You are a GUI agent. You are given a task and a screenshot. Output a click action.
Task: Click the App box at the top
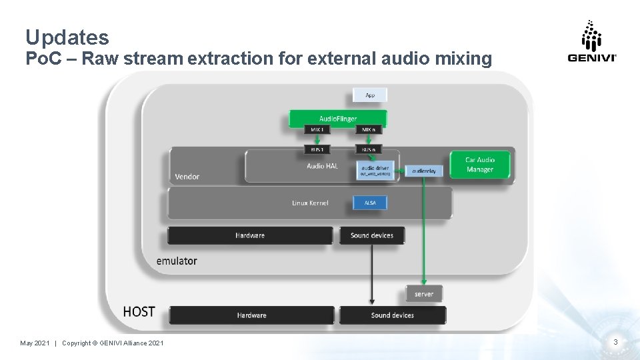tap(370, 95)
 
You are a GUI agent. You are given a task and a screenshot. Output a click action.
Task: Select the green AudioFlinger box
tap(337, 119)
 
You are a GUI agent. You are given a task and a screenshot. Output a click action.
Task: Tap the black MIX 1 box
tap(317, 129)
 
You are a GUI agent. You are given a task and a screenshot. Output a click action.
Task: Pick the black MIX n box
tap(369, 129)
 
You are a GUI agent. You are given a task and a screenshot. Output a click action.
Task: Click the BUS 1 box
tap(317, 149)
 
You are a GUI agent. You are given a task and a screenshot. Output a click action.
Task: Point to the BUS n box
tap(369, 149)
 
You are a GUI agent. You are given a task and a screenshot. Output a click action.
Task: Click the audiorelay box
tap(423, 171)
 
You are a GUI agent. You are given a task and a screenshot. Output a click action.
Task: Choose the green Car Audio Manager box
tap(480, 165)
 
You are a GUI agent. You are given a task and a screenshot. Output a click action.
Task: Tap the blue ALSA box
tap(370, 203)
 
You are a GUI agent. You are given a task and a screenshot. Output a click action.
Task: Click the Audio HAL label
tap(322, 166)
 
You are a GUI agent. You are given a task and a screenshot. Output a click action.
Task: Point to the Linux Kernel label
tap(310, 203)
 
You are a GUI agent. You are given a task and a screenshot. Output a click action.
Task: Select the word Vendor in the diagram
tap(187, 177)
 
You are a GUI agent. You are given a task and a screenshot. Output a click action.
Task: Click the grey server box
tap(423, 294)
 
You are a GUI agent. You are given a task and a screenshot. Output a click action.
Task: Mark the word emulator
tap(177, 261)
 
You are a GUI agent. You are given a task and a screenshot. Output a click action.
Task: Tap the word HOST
tap(139, 311)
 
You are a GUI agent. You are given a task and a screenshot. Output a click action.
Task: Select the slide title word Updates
tap(67, 37)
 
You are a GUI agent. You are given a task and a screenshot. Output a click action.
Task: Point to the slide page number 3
tap(615, 342)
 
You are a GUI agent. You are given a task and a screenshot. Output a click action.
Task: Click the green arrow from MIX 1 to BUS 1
tap(317, 139)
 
